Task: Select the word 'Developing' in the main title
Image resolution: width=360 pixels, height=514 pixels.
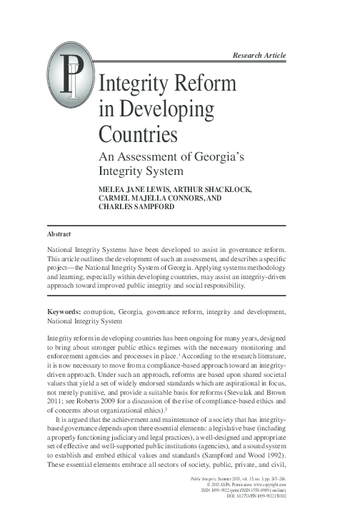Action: pyautogui.click(x=164, y=110)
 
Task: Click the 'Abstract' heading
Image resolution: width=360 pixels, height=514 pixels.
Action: pyautogui.click(x=60, y=233)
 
